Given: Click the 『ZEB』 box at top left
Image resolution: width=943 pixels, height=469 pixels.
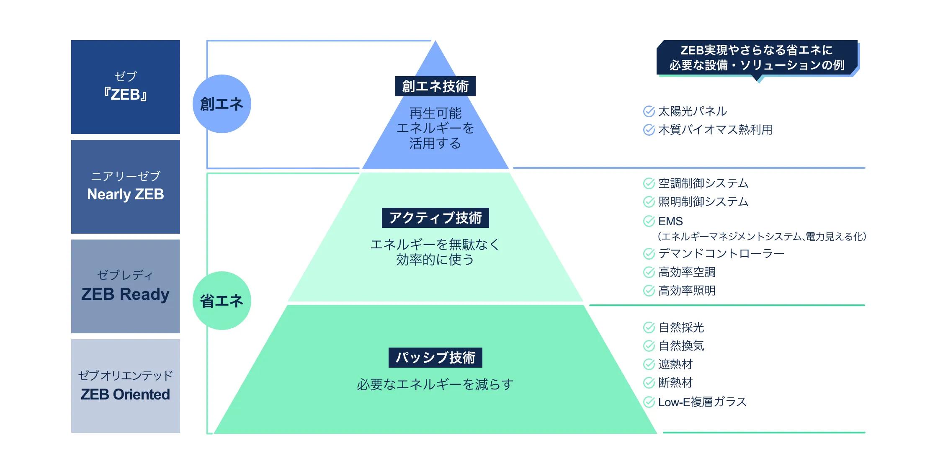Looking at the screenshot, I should [126, 87].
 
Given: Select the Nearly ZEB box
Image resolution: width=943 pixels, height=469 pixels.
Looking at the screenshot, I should [126, 187].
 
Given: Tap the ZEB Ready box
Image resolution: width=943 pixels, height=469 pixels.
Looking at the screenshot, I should [126, 286].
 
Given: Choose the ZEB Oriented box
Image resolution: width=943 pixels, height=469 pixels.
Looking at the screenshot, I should [126, 386].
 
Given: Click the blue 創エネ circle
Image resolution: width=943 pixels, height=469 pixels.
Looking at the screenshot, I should [222, 104].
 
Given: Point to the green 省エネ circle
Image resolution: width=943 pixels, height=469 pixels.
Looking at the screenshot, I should [222, 301].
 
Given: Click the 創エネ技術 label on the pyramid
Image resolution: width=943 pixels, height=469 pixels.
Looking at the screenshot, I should [435, 86].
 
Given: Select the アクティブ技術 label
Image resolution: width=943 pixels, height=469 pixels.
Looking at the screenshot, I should [435, 218].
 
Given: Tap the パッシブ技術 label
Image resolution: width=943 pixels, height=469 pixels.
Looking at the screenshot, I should [435, 358].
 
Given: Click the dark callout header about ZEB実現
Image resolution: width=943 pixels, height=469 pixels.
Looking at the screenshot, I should [757, 58].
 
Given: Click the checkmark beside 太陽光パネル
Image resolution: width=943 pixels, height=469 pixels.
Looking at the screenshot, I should [649, 111].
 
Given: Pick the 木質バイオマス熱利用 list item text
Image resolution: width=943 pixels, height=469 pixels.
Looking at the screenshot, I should [715, 130].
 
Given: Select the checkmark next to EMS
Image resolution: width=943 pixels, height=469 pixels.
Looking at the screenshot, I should [649, 221].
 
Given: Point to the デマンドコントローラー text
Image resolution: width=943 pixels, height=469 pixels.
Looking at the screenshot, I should [721, 254].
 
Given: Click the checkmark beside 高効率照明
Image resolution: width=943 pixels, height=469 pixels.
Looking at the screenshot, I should [649, 291].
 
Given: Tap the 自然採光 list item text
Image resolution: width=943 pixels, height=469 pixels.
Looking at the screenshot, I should [681, 327].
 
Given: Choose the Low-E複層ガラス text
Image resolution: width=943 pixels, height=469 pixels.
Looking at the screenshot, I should [702, 402].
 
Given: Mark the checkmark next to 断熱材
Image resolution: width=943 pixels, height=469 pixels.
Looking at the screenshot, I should [649, 383].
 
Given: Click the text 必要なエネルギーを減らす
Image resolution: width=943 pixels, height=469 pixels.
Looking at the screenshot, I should [435, 384].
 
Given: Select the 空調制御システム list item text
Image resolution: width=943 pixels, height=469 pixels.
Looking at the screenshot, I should [703, 183].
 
